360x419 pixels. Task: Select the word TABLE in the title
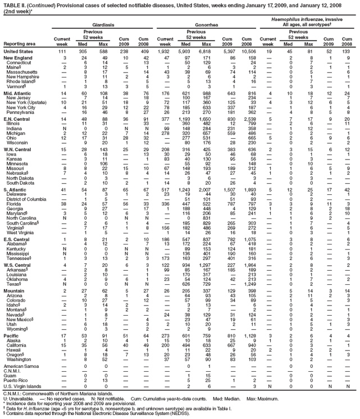pyautogui.click(x=13, y=3)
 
